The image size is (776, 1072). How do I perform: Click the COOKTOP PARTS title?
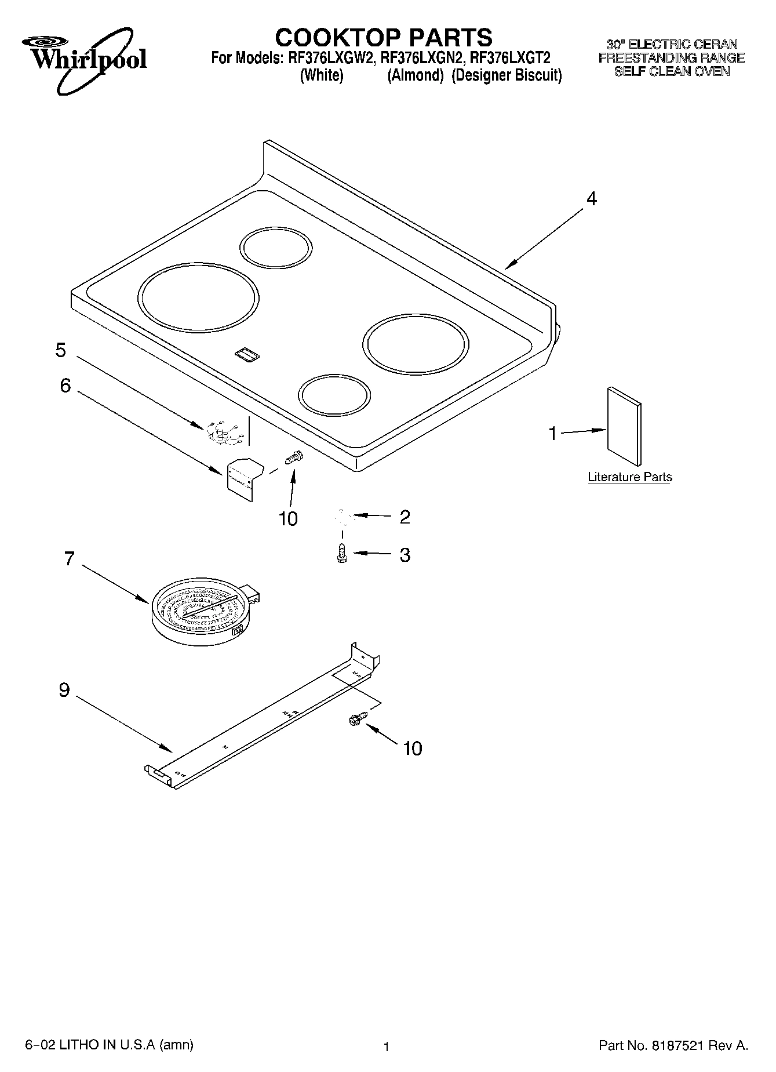coord(383,38)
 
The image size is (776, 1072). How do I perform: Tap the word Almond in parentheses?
coord(416,76)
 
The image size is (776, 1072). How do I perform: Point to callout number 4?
coord(591,199)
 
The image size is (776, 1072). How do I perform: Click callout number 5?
coord(61,350)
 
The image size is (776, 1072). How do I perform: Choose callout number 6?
coord(65,385)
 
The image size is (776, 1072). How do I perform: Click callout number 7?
coord(70,559)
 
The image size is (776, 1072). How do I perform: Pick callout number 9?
coord(64,690)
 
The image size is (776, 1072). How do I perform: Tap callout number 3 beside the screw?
coord(405,555)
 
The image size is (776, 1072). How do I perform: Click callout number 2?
coord(405,517)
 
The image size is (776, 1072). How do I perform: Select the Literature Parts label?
coord(629,477)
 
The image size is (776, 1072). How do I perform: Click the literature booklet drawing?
coord(624,426)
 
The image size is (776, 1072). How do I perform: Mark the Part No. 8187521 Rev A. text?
coord(673,1046)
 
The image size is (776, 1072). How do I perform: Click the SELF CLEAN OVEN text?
coord(672,72)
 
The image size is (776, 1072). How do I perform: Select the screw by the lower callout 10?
coord(355,719)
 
